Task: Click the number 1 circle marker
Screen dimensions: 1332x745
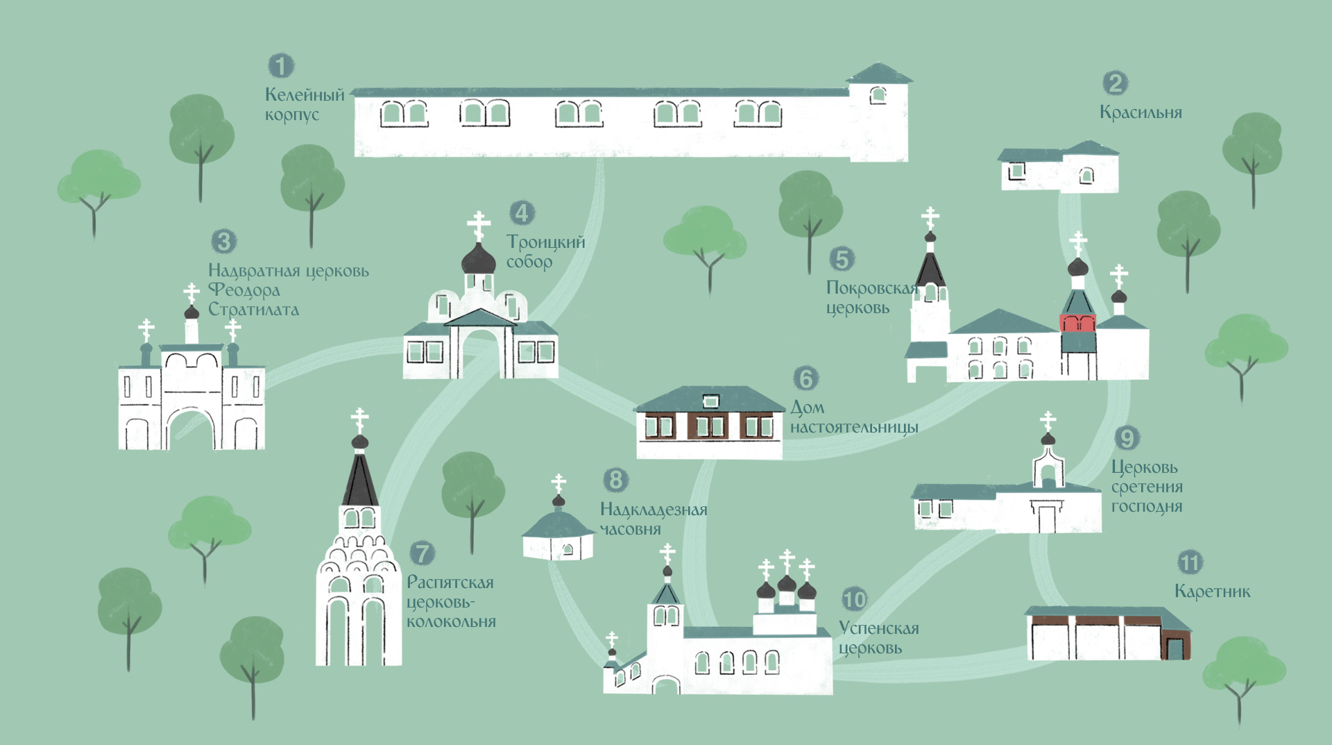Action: [x=281, y=66]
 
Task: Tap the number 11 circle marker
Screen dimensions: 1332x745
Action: [x=1190, y=562]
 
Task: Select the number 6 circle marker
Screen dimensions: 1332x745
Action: [x=805, y=378]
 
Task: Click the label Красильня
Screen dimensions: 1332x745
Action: [x=1141, y=112]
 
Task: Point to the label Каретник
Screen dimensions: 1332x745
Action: [x=1212, y=592]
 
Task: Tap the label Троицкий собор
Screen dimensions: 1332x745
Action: [x=546, y=251]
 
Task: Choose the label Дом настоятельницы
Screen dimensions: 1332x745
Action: [x=854, y=417]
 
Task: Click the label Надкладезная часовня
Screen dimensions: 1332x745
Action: [x=654, y=519]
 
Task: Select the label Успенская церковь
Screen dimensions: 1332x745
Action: [x=879, y=638]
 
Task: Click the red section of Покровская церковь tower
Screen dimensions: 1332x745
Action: [x=1078, y=323]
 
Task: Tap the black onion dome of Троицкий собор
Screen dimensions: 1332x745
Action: [x=479, y=259]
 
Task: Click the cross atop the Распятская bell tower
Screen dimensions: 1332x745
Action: [x=359, y=420]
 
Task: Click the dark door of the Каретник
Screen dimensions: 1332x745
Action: [x=1175, y=649]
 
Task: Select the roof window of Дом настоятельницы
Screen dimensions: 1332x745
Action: [x=710, y=401]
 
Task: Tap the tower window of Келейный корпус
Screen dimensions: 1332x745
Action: [x=878, y=95]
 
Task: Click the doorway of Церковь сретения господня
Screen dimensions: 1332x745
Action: [x=1047, y=518]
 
